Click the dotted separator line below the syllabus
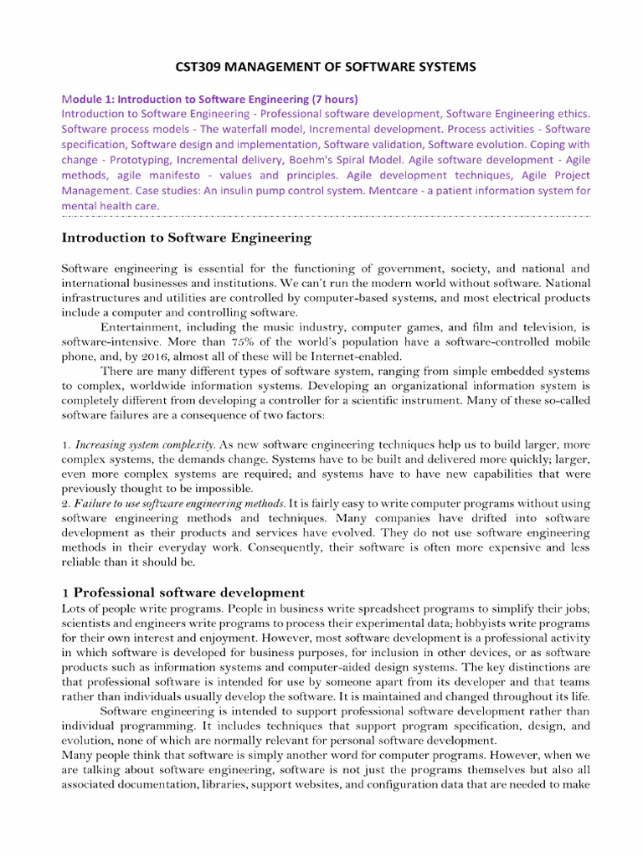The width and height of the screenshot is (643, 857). tap(327, 215)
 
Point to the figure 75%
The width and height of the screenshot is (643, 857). tap(219, 342)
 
